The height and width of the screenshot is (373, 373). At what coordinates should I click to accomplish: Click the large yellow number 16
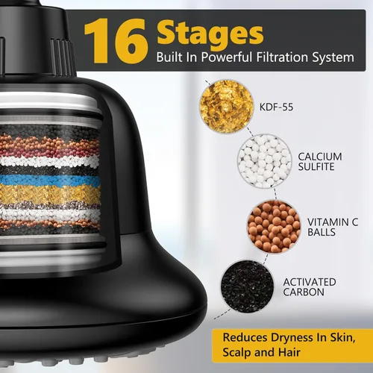[116, 41]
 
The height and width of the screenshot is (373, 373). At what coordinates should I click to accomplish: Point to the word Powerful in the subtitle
[227, 57]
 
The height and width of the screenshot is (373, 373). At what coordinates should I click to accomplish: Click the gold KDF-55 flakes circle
[227, 107]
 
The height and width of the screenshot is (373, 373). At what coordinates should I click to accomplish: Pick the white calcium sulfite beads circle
[264, 161]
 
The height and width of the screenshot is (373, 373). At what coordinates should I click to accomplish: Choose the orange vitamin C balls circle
[274, 226]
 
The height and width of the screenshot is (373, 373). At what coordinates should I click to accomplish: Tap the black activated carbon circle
[248, 286]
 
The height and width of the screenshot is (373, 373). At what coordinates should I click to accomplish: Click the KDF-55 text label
[276, 107]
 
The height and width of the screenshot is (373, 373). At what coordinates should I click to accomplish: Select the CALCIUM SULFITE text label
[320, 162]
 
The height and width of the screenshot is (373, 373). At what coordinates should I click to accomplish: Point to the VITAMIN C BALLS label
[333, 227]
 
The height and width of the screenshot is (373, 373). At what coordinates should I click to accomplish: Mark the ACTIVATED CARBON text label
[310, 287]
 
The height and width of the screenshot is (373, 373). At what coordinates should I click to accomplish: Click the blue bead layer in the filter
[50, 180]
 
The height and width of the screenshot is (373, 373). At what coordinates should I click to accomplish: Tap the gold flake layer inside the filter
[50, 193]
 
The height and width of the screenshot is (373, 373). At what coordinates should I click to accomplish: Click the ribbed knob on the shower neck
[62, 57]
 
